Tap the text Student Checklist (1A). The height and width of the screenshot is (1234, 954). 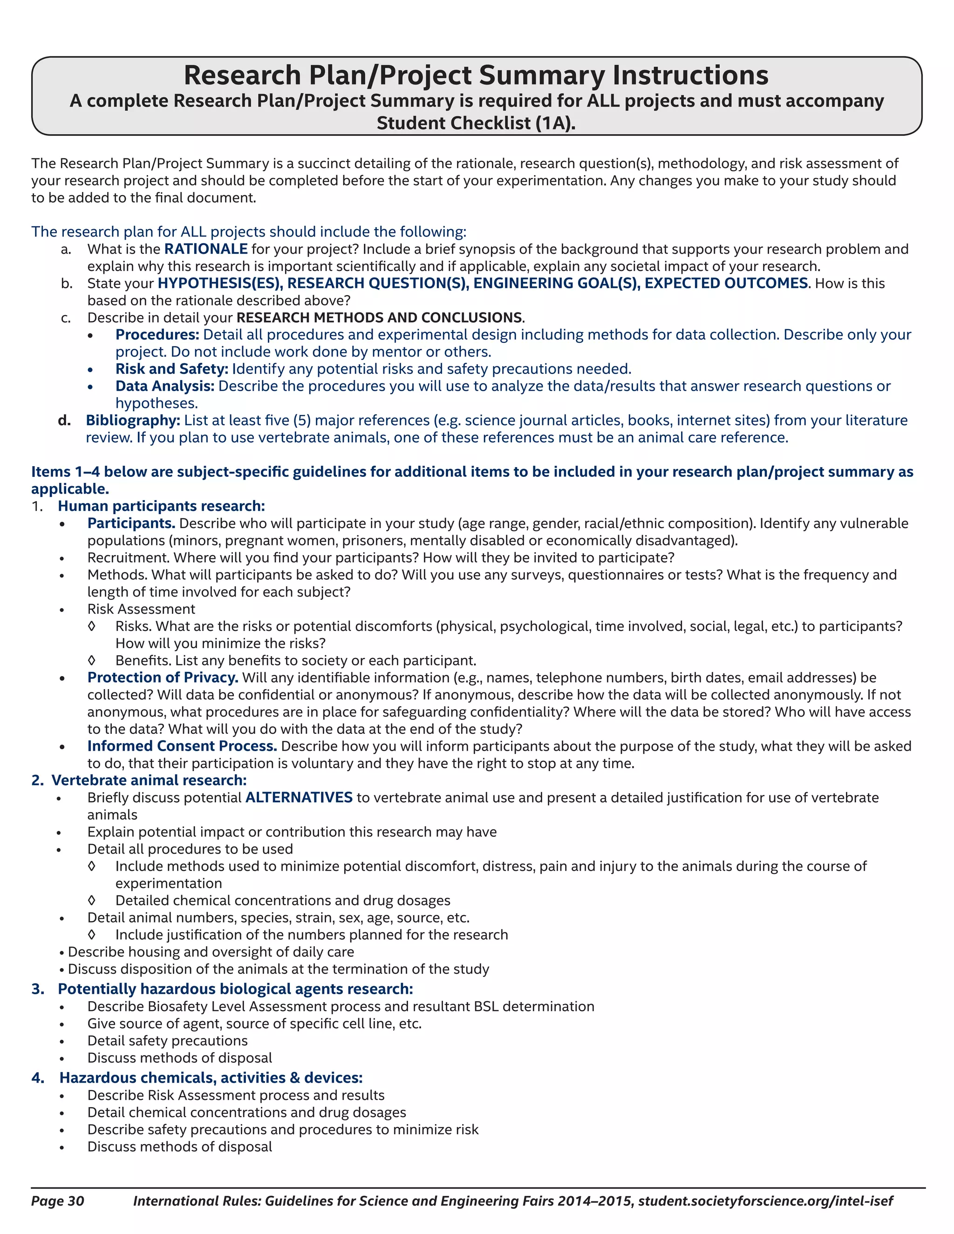point(476,123)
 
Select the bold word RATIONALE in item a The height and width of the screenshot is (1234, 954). point(206,249)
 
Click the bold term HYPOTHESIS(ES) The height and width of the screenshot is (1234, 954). point(220,283)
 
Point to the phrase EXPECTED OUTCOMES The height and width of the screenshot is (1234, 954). point(726,283)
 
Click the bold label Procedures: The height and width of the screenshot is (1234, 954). point(157,334)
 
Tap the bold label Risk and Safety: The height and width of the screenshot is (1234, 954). point(172,369)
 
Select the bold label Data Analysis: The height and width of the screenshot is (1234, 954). point(164,386)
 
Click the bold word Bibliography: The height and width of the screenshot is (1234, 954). point(133,420)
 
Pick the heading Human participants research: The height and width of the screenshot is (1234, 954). point(161,506)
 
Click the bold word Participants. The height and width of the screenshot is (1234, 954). point(131,523)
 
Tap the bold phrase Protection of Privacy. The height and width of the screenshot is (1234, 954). point(163,678)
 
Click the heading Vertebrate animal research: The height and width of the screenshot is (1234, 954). point(149,780)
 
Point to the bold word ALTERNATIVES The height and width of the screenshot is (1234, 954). point(299,797)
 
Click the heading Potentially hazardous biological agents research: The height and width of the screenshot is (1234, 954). point(235,989)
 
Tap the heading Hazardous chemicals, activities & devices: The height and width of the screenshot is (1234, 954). point(211,1078)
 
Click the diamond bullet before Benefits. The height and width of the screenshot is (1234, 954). point(92,660)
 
